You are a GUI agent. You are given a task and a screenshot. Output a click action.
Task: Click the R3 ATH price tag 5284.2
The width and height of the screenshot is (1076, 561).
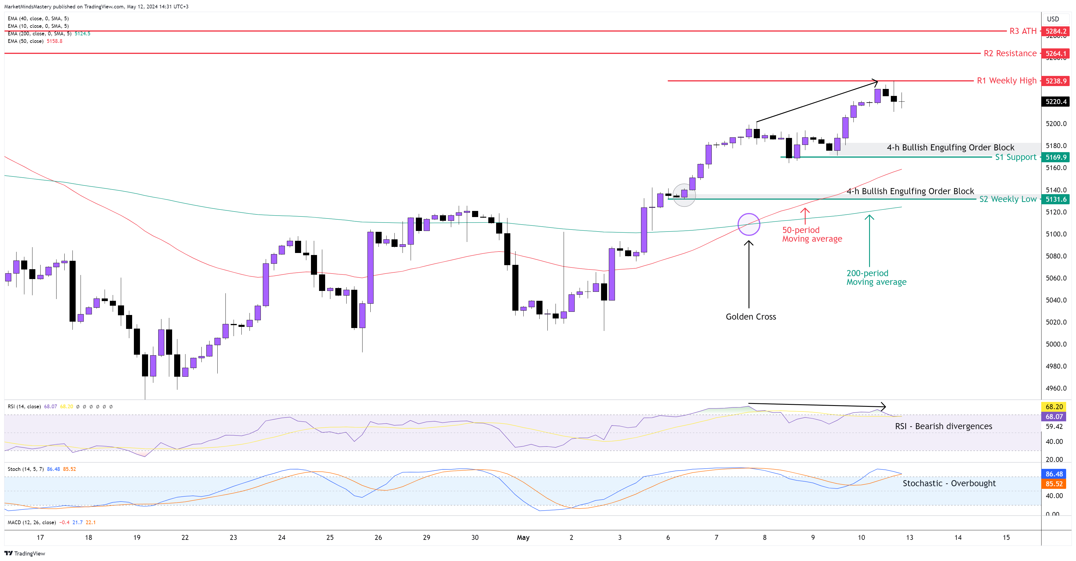click(1055, 31)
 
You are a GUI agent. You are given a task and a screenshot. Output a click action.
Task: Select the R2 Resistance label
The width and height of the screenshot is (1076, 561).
click(1010, 54)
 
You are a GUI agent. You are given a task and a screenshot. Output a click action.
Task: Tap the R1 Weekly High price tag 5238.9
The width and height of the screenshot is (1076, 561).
click(1055, 81)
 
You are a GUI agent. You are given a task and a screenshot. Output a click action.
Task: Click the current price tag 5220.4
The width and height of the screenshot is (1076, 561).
click(1055, 101)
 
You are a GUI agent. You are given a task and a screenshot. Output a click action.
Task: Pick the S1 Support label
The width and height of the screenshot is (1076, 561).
click(1015, 157)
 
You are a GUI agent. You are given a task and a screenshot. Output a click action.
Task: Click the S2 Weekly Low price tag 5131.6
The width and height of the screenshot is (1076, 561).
click(1055, 199)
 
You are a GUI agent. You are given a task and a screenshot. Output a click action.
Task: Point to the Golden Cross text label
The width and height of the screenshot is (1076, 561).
click(751, 317)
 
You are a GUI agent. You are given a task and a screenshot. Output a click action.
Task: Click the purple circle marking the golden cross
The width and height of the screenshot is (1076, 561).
click(749, 224)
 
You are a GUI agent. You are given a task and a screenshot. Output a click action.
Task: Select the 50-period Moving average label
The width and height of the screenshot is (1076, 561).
click(812, 234)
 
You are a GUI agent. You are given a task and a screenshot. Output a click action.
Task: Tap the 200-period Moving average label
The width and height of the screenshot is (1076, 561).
click(876, 277)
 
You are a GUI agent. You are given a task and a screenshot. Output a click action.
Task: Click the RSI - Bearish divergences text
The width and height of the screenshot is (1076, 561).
click(943, 426)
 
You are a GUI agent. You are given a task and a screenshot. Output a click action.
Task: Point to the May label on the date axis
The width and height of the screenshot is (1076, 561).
click(523, 538)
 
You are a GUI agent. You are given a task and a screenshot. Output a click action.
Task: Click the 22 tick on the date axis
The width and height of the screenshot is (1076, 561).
click(185, 538)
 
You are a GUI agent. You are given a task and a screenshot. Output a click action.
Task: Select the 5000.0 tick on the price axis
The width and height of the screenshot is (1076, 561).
click(1055, 344)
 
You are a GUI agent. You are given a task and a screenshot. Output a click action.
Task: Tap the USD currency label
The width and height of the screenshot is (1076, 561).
click(1053, 19)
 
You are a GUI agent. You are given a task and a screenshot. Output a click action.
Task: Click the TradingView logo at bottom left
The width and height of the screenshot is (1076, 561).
click(25, 553)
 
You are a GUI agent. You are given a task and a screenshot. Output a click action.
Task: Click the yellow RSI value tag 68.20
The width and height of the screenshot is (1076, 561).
click(1054, 407)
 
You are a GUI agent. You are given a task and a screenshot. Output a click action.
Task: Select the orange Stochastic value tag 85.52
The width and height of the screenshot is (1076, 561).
click(1054, 484)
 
